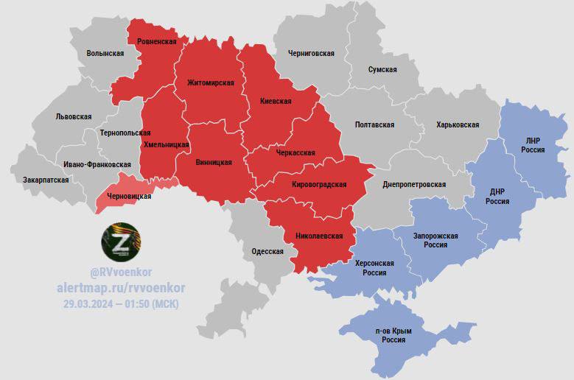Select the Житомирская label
click(211, 82)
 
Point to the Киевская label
click(276, 101)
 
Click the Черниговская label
click(312, 54)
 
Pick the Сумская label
click(382, 69)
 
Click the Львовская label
click(74, 116)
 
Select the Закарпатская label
click(46, 180)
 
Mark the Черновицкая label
click(129, 197)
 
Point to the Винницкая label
click(214, 162)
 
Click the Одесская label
click(267, 251)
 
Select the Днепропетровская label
click(414, 184)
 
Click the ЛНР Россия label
click(533, 144)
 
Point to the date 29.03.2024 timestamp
click(120, 303)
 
